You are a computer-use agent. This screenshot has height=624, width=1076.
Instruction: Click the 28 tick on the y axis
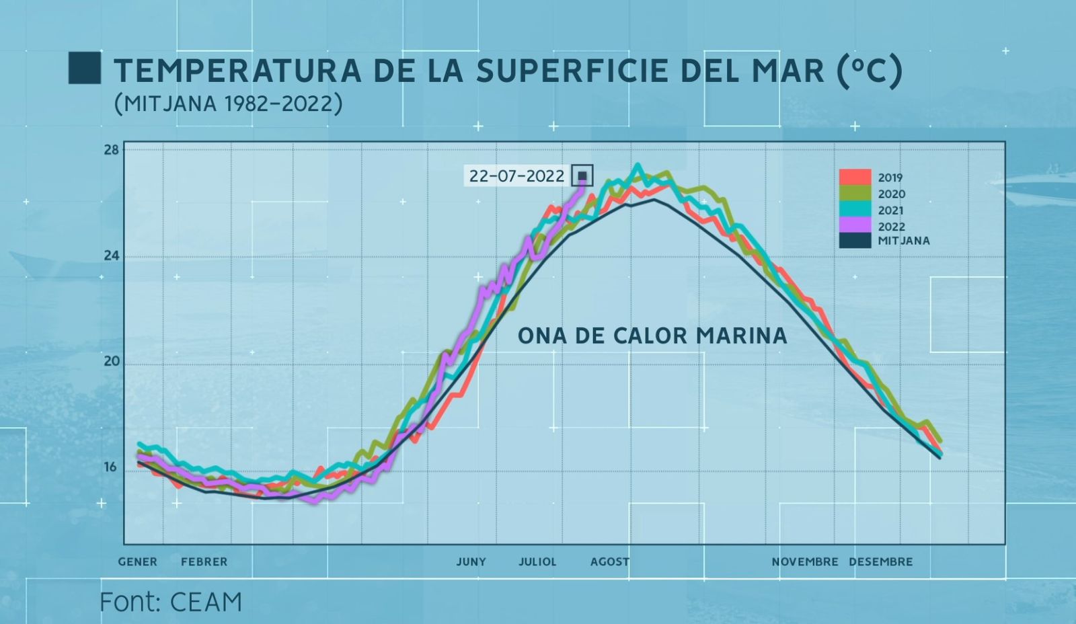111,150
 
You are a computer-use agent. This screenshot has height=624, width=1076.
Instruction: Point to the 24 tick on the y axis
111,256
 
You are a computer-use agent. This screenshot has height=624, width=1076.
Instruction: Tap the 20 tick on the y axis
111,361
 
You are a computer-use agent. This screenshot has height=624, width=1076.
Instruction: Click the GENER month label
138,561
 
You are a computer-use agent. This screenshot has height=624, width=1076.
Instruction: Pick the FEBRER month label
204,561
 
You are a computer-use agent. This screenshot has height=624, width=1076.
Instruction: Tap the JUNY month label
471,561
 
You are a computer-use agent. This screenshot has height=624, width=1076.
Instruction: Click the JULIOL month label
537,561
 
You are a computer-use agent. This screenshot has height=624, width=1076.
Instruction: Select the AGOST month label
610,561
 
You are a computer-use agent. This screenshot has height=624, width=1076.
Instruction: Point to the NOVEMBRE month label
805,561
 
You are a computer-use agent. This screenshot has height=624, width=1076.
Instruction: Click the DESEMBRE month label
880,561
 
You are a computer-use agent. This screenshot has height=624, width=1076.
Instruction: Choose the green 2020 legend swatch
855,194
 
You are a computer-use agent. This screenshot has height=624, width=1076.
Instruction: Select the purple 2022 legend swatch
855,226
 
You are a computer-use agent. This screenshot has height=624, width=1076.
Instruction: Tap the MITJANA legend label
903,241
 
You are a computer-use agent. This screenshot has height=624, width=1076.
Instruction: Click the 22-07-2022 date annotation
516,176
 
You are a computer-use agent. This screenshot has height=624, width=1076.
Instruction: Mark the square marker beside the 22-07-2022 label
582,176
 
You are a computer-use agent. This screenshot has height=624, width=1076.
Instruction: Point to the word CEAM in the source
206,602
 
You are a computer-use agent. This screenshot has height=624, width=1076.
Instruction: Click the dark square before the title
85,68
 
